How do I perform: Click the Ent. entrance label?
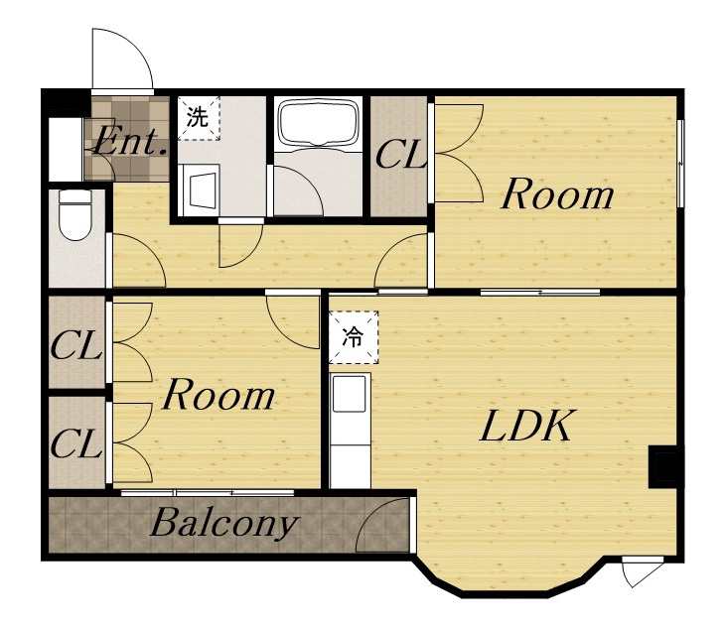pyautogui.click(x=129, y=140)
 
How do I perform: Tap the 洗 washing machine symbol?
pyautogui.click(x=199, y=117)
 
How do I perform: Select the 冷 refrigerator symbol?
pyautogui.click(x=354, y=336)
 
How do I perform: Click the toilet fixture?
pyautogui.click(x=75, y=214)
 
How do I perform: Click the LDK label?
pyautogui.click(x=525, y=426)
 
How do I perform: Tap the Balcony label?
pyautogui.click(x=224, y=524)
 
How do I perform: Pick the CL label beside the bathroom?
pyautogui.click(x=400, y=156)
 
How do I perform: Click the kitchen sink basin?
pyautogui.click(x=350, y=393)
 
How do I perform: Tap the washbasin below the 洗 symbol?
pyautogui.click(x=200, y=189)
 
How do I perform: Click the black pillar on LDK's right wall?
pyautogui.click(x=663, y=466)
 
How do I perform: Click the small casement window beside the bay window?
pyautogui.click(x=643, y=571)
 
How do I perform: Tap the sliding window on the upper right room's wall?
pyautogui.click(x=680, y=164)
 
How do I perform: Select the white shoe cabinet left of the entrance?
pyautogui.click(x=66, y=150)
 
